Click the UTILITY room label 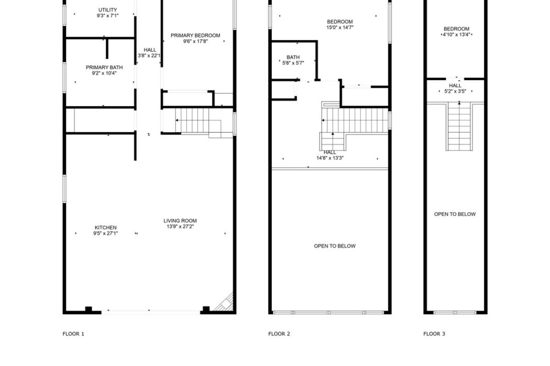click(108, 10)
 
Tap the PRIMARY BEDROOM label click(195, 36)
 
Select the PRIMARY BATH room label click(104, 67)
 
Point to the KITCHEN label click(106, 227)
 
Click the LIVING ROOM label click(180, 221)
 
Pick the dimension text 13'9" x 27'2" click(180, 226)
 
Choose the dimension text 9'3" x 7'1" click(108, 15)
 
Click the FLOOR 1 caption click(73, 334)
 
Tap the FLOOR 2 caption click(279, 334)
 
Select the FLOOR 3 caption click(434, 334)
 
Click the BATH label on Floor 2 click(293, 57)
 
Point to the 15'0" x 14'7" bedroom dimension click(340, 27)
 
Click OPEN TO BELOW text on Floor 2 click(335, 246)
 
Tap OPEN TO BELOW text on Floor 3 click(455, 214)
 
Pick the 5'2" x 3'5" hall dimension click(455, 91)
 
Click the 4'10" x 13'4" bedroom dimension click(456, 35)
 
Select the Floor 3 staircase click(459, 127)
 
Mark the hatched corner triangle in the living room click(226, 304)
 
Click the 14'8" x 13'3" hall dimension click(329, 158)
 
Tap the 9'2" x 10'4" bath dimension click(104, 73)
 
